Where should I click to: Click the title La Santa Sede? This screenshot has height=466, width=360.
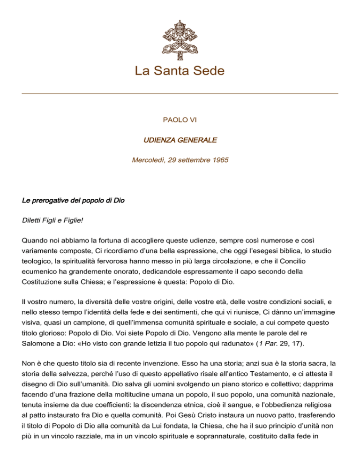pyautogui.click(x=180, y=71)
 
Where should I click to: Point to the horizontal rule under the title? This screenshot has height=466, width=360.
pyautogui.click(x=180, y=93)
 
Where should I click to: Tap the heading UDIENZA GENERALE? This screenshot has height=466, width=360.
pyautogui.click(x=180, y=140)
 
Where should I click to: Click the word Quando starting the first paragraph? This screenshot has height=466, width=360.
pyautogui.click(x=36, y=239)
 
